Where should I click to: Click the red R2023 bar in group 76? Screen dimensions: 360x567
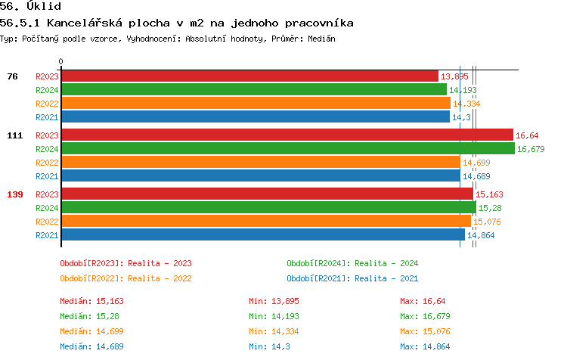tap(249, 76)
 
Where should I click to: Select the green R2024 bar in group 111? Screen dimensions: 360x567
tap(288, 149)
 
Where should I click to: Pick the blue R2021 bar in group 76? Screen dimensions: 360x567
tap(256, 117)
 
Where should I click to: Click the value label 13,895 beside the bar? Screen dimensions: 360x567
tap(454, 76)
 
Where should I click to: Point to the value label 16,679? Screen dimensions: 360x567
tap(531, 149)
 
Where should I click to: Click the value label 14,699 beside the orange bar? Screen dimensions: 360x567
tap(476, 163)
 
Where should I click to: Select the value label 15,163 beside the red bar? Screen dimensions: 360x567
tap(490, 194)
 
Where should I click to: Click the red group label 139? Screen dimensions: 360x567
tap(15, 194)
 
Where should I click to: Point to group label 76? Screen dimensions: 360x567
tap(13, 76)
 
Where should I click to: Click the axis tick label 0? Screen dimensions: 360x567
tap(61, 61)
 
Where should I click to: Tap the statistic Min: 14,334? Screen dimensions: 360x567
tap(274, 331)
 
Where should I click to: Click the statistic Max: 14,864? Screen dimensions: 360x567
tap(426, 346)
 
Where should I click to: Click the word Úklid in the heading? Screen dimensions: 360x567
tap(46, 7)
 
